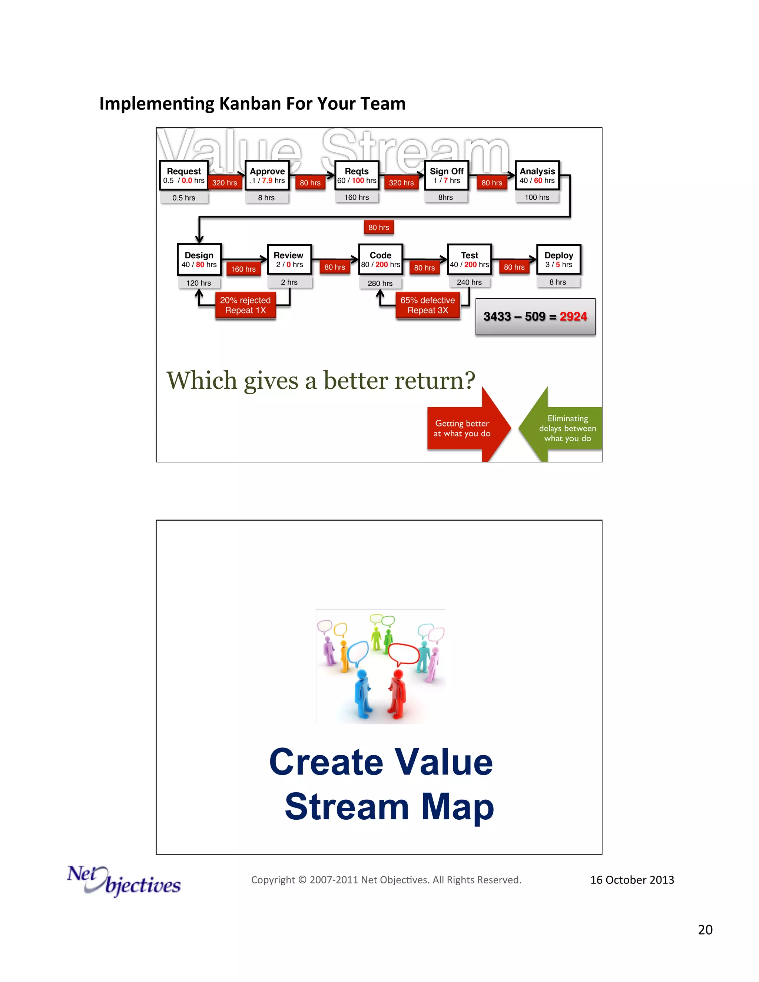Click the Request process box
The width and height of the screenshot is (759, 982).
click(x=183, y=175)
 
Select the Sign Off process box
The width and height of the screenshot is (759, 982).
click(x=446, y=175)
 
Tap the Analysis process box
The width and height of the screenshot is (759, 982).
click(x=537, y=175)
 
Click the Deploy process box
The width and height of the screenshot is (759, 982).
click(x=559, y=259)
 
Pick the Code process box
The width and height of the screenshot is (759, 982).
click(x=380, y=259)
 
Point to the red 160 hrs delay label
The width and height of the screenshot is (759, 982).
click(x=243, y=269)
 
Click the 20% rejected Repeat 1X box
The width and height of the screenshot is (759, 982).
click(x=245, y=305)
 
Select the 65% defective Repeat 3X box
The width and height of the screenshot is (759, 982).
click(x=428, y=305)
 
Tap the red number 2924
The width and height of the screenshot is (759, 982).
click(x=573, y=316)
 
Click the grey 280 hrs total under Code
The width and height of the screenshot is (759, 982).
click(x=380, y=283)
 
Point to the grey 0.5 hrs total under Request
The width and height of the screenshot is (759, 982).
click(x=183, y=198)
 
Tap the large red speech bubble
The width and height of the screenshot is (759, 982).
click(x=404, y=654)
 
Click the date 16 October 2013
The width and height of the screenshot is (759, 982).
click(x=632, y=880)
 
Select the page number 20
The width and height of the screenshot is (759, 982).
click(x=705, y=930)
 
